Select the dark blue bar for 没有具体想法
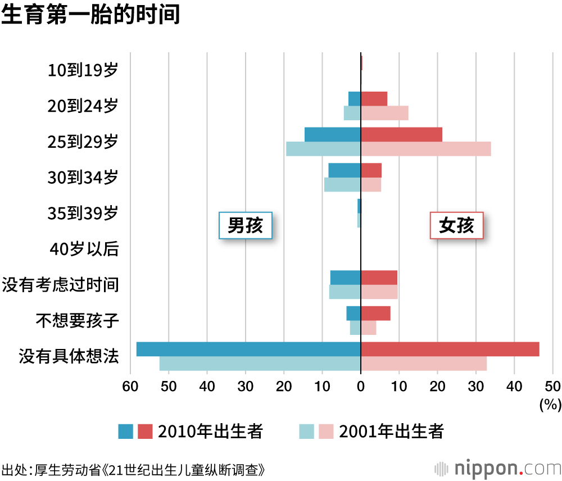tap(248, 349)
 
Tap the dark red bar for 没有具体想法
tap(450, 349)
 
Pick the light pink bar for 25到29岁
tap(425, 149)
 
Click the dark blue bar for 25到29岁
tap(333, 135)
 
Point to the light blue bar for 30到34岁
tap(342, 184)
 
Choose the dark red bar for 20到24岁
tap(374, 99)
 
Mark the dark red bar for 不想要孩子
tap(375, 314)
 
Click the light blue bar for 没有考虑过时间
tap(345, 292)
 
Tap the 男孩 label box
tap(245, 225)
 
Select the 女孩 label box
tap(456, 225)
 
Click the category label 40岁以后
tap(84, 249)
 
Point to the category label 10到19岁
tap(83, 70)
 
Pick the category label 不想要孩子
tap(77, 321)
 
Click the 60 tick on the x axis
tap(130, 386)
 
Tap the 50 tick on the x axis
tap(552, 386)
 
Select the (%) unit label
tap(550, 403)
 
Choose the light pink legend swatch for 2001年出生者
tap(327, 432)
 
